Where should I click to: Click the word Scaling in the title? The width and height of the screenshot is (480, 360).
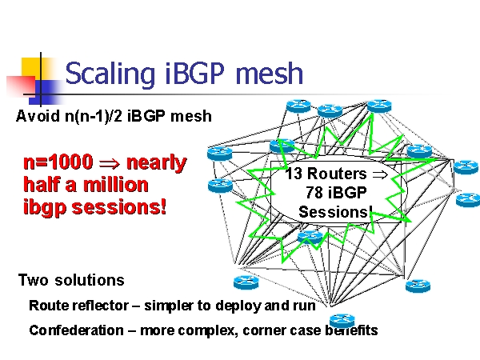click(102, 74)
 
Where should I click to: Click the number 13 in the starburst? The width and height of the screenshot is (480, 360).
click(294, 174)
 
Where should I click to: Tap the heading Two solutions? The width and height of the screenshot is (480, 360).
click(71, 280)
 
